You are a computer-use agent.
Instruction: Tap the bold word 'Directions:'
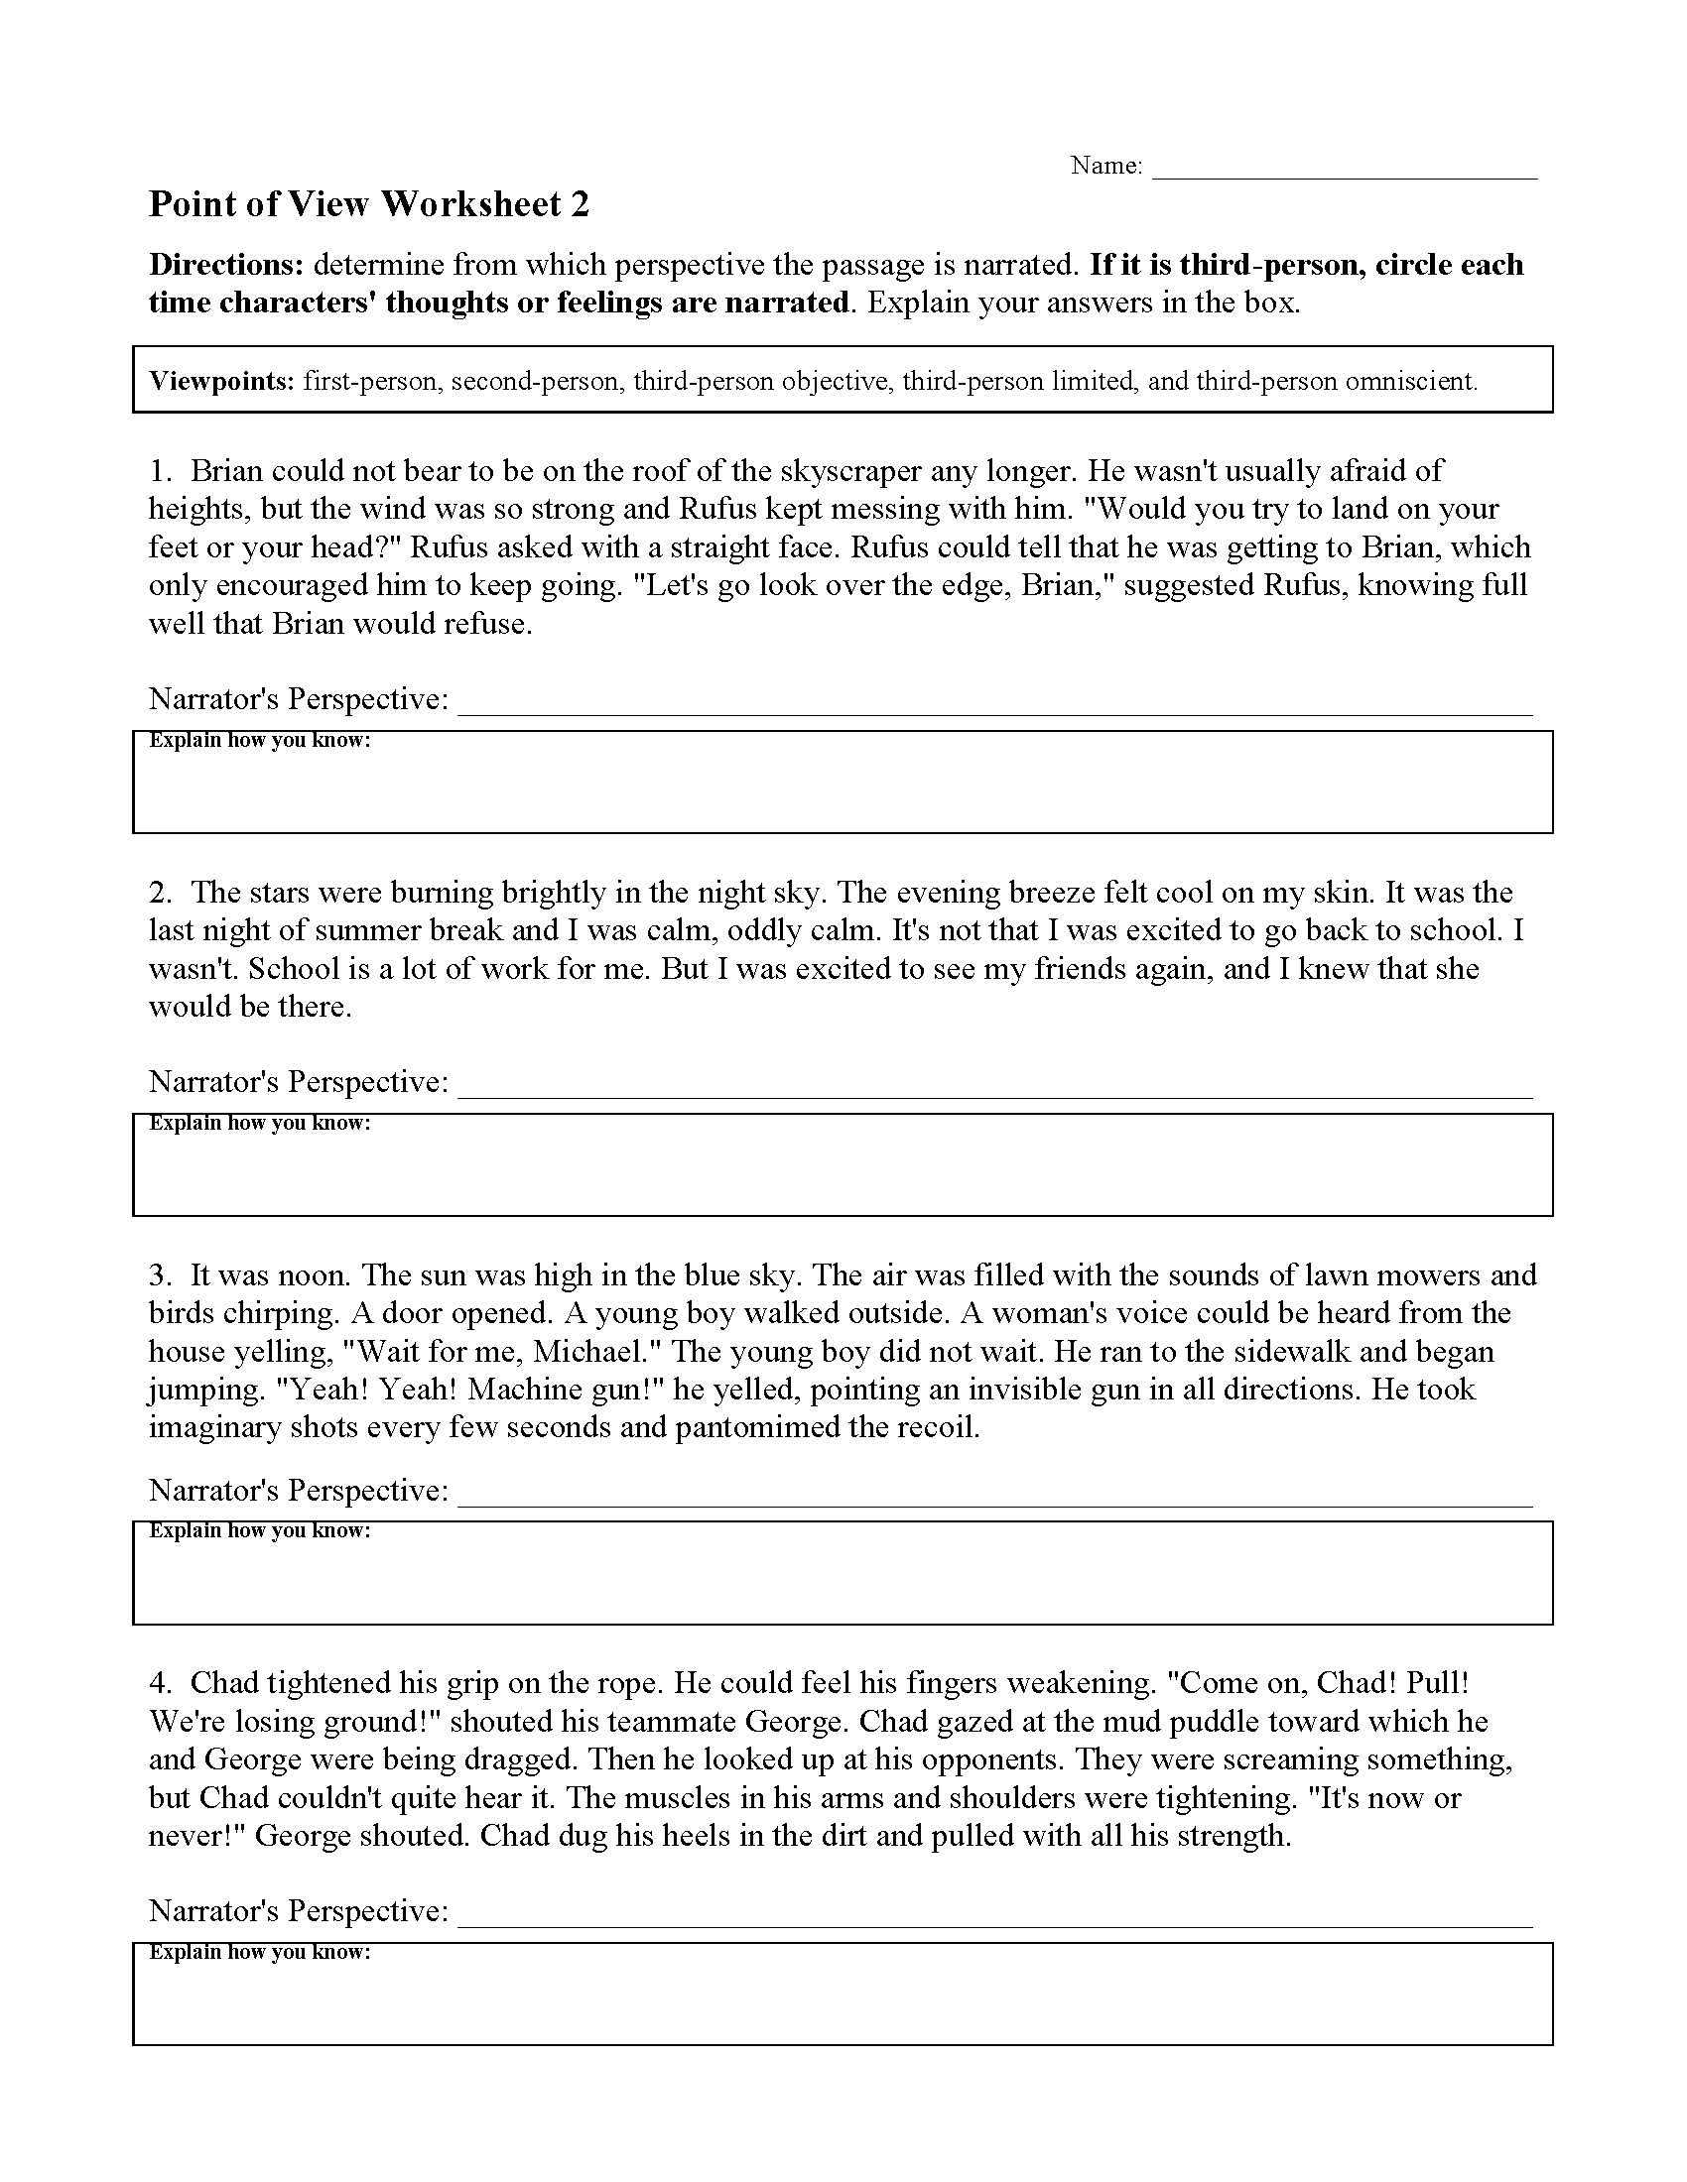(x=226, y=265)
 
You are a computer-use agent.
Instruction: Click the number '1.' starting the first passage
(x=162, y=470)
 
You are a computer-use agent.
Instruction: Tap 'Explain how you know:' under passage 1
(x=260, y=740)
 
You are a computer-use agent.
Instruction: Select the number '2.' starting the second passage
(x=162, y=892)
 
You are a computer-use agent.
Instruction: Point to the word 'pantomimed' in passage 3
(x=756, y=1426)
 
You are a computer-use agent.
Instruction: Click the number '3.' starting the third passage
(x=162, y=1274)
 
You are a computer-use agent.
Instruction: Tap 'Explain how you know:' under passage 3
(x=260, y=1530)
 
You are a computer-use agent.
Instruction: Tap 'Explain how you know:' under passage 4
(x=260, y=1952)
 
